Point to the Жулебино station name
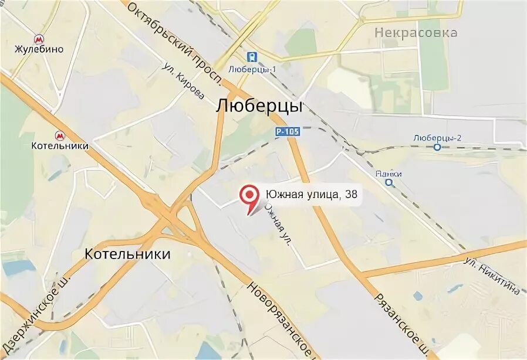[39, 50]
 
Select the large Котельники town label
[127, 254]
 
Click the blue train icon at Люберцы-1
[252, 57]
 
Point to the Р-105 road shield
[288, 133]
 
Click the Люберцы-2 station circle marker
[437, 147]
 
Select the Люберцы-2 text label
[437, 137]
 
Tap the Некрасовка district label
[416, 33]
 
